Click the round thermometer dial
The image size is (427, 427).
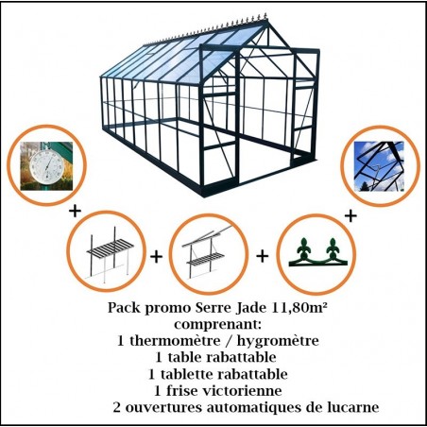coord(41,165)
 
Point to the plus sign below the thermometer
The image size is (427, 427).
coord(74,207)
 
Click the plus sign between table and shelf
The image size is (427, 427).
coord(156,256)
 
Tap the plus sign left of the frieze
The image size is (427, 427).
coord(262,256)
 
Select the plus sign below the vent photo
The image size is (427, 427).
coord(350,216)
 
